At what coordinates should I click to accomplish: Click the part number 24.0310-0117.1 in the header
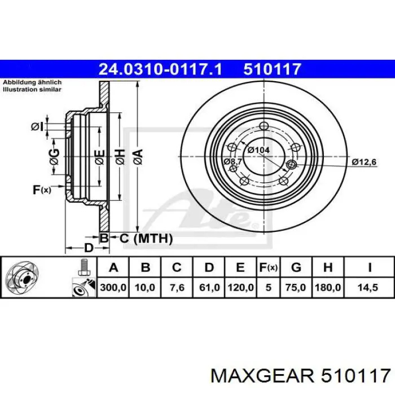point(161,69)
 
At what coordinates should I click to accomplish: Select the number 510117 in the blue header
point(273,69)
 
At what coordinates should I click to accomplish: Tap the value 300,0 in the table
point(113,287)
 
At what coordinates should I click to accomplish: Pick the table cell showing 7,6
point(177,287)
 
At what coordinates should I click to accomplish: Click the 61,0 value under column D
point(209,287)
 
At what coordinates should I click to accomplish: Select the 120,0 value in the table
point(240,287)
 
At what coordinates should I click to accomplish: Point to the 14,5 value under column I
point(370,287)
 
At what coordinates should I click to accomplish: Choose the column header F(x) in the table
point(268,267)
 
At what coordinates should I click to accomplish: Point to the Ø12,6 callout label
point(364,162)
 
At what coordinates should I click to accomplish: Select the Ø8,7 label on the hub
point(232,161)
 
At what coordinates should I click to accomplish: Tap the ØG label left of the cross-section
point(54,159)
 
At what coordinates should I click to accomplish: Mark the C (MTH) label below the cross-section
point(146,239)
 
